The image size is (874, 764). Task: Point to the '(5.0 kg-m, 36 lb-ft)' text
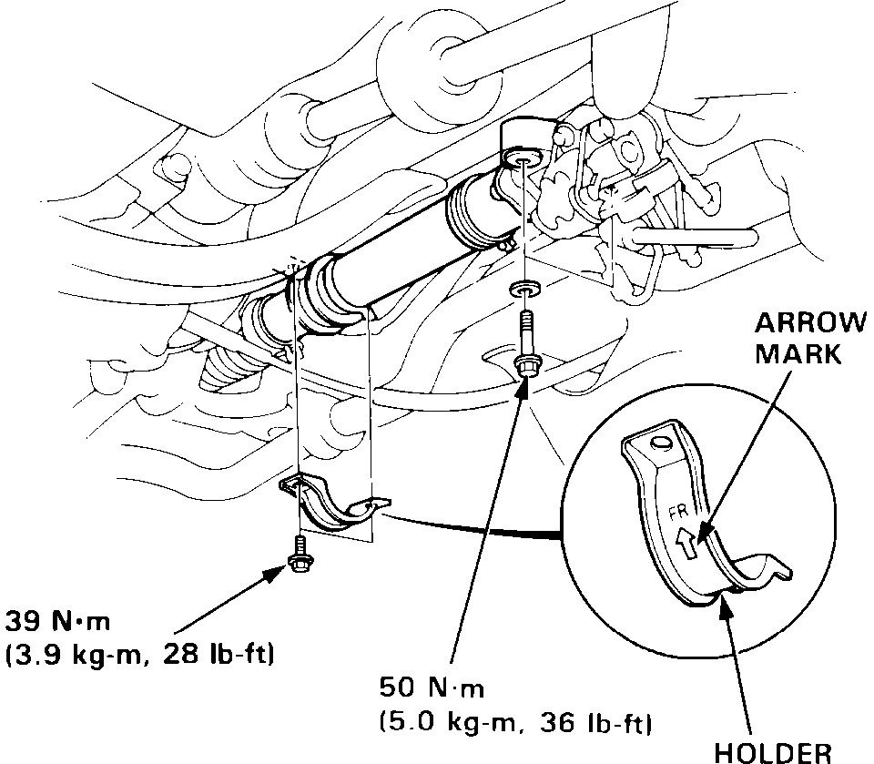(x=514, y=724)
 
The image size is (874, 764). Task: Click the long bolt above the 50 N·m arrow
(x=526, y=341)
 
